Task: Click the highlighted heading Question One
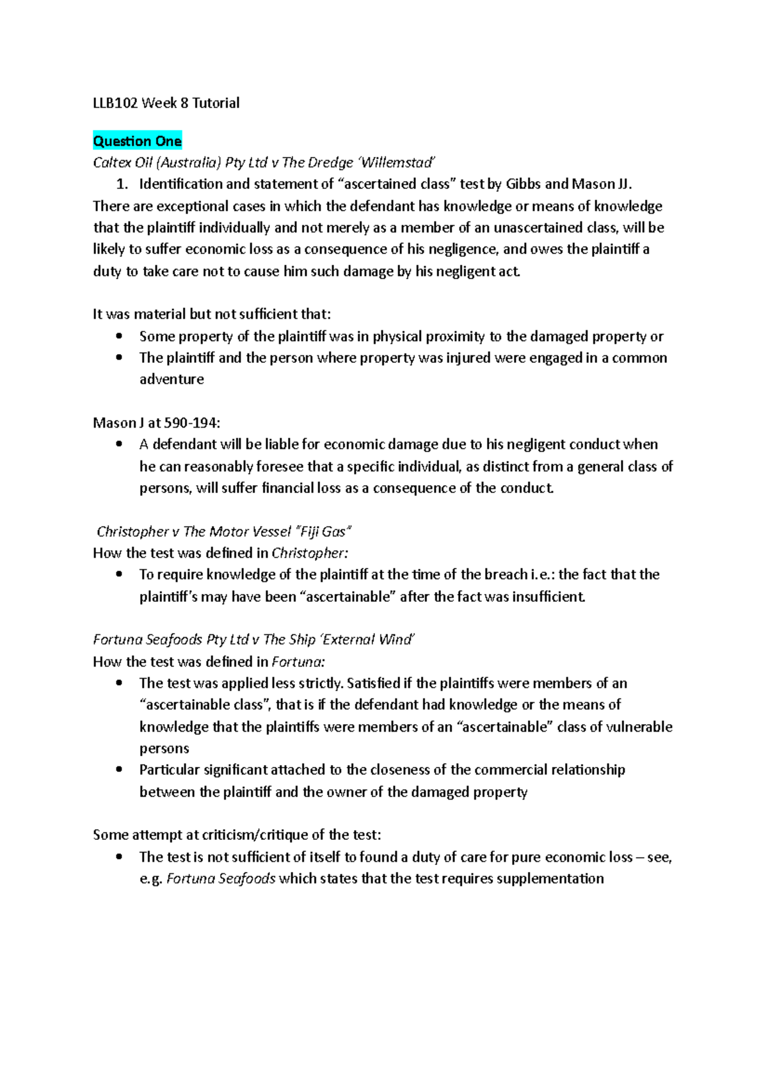coord(137,141)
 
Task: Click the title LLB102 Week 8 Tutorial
coord(166,103)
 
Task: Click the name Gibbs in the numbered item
coord(523,184)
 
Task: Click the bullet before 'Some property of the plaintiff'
coord(119,336)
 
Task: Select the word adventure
coord(172,379)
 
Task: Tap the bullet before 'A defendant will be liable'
coord(119,444)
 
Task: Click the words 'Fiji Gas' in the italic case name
coord(324,531)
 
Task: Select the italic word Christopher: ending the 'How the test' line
coord(310,553)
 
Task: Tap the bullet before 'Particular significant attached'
coord(119,769)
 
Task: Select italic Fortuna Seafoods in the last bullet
coord(221,878)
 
